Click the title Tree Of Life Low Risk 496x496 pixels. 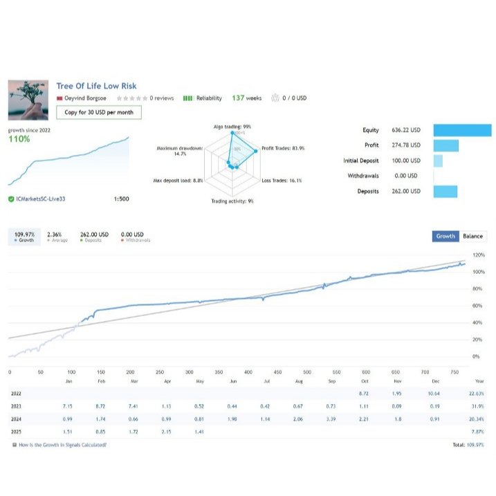point(96,86)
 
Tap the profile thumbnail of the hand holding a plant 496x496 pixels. point(28,100)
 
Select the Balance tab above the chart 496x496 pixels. point(473,236)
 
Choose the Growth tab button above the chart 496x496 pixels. point(446,236)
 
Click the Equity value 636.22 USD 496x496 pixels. point(406,130)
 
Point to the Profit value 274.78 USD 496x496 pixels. point(406,145)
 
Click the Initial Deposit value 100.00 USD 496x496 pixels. point(406,160)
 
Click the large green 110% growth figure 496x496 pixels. point(19,139)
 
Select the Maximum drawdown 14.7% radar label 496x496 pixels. point(180,151)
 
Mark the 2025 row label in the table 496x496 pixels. point(16,432)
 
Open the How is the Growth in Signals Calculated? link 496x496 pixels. point(62,445)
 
